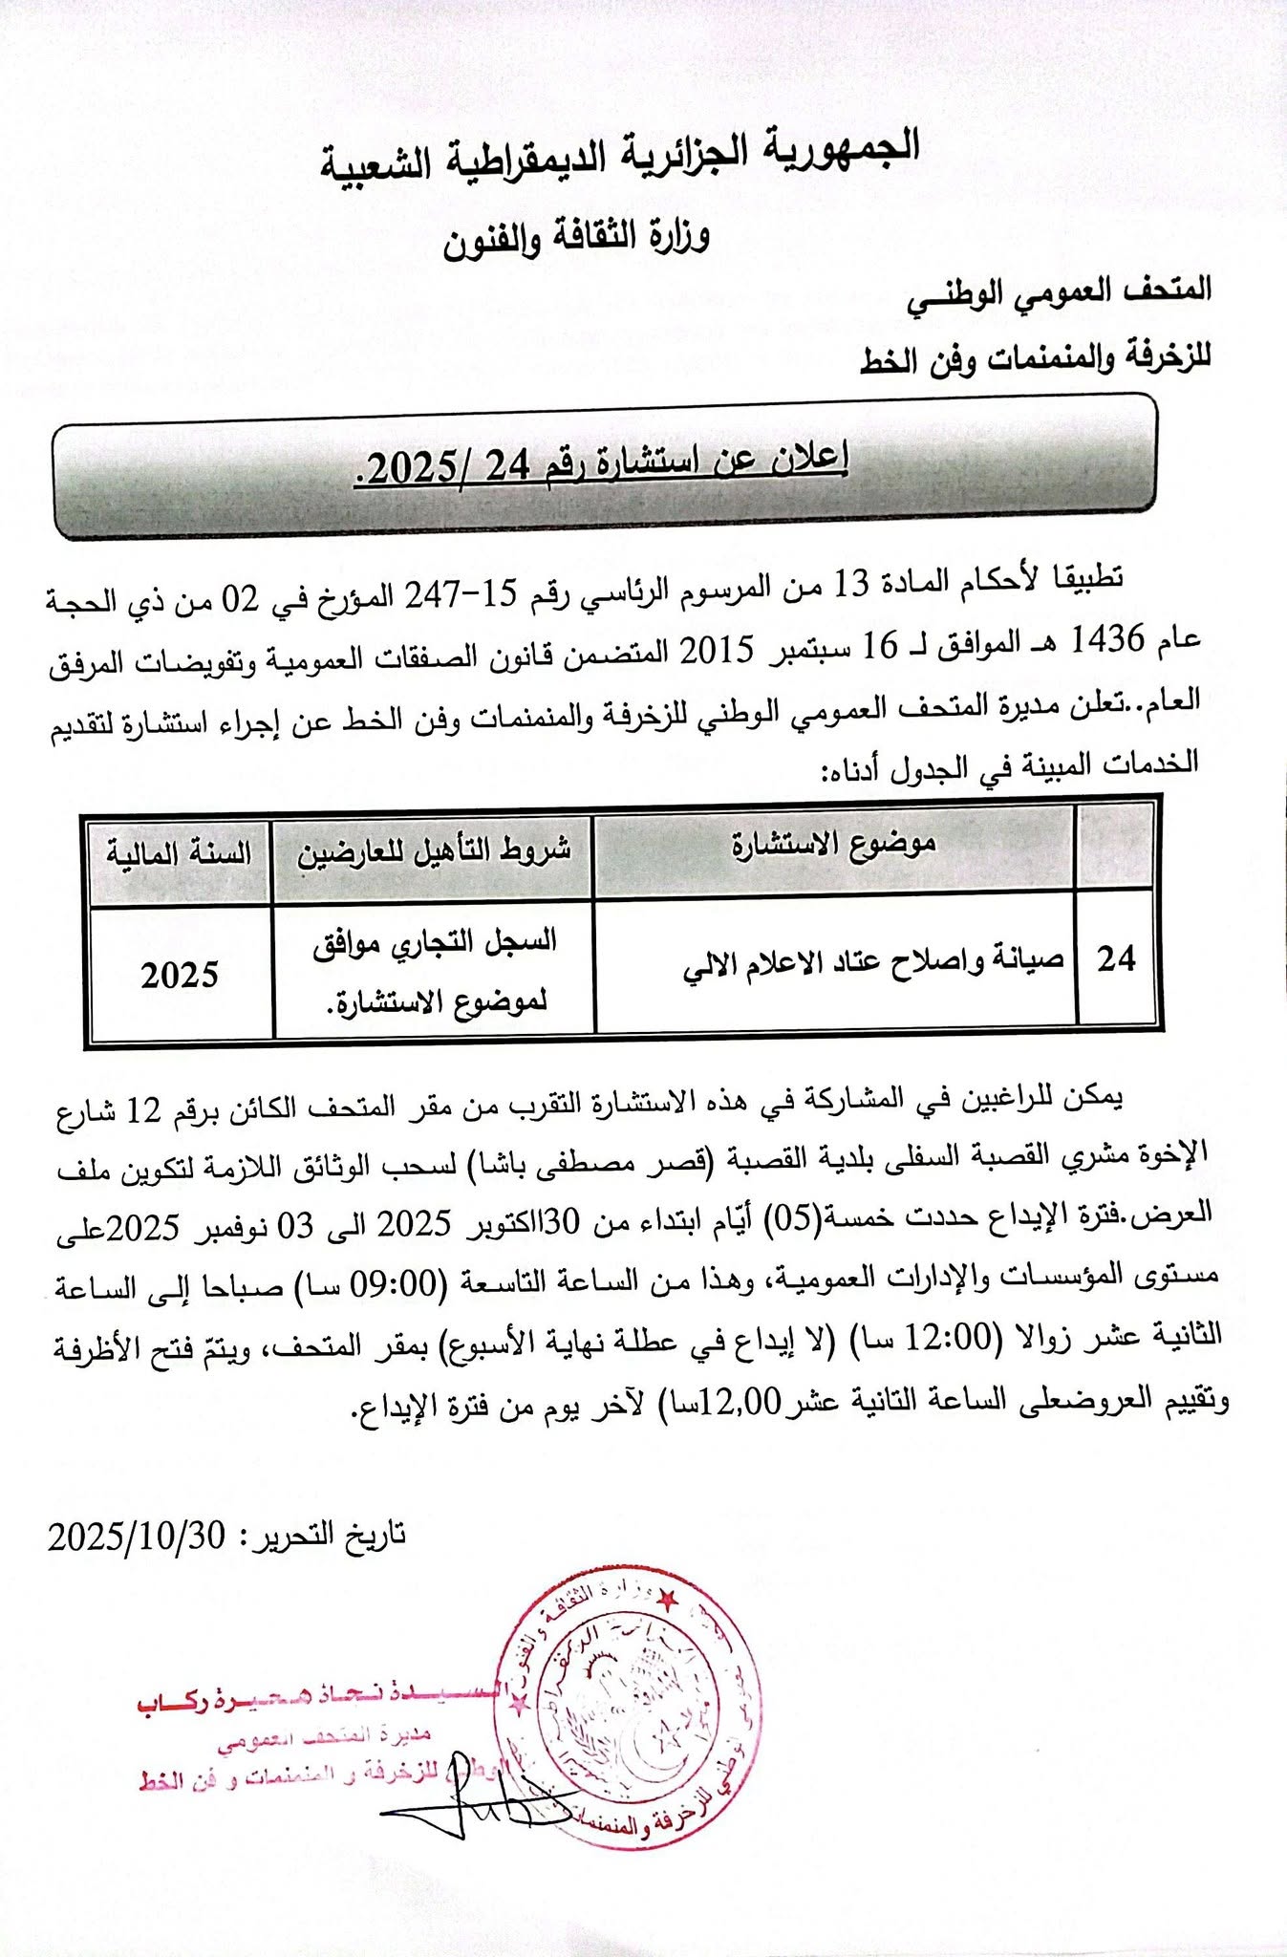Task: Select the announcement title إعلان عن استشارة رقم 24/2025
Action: click(602, 464)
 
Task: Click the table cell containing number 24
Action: click(1115, 958)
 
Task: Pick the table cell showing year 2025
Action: click(180, 975)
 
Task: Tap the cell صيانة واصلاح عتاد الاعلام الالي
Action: click(872, 961)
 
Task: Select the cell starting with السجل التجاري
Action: click(434, 971)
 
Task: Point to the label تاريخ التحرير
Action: click(324, 1537)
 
